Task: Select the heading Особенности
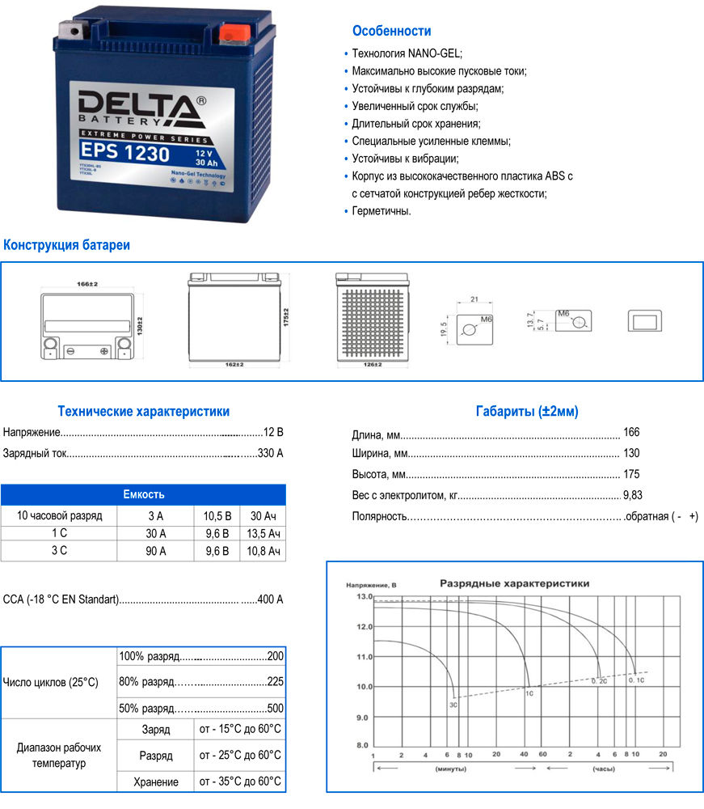(391, 31)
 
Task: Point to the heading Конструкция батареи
(67, 245)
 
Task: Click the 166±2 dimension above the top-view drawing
(86, 285)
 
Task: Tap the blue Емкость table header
(143, 494)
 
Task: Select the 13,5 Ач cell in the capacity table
(263, 533)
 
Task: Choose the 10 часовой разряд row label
(59, 515)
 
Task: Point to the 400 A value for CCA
(269, 599)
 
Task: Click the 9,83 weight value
(633, 495)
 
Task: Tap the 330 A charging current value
(270, 453)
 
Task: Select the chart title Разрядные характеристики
(513, 582)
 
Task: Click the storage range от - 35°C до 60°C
(240, 781)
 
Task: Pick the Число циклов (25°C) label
(51, 683)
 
